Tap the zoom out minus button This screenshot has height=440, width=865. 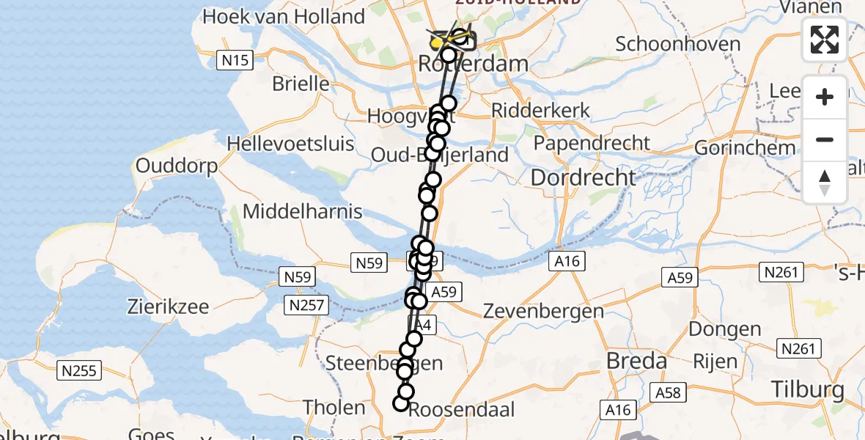click(x=825, y=139)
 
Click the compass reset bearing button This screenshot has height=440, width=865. click(x=825, y=183)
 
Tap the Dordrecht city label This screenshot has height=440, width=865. click(x=583, y=177)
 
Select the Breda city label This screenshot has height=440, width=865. click(x=637, y=361)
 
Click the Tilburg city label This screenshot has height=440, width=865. click(x=807, y=389)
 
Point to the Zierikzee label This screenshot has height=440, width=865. click(x=168, y=307)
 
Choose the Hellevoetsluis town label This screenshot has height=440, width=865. click(x=290, y=143)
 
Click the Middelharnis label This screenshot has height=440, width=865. click(x=302, y=212)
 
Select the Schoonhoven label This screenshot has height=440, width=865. click(x=678, y=44)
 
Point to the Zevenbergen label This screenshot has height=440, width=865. click(x=543, y=311)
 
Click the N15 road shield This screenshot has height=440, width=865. click(x=235, y=60)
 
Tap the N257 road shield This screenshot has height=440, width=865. click(x=307, y=305)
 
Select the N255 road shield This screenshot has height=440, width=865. click(x=78, y=371)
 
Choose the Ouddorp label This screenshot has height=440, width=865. click(x=177, y=166)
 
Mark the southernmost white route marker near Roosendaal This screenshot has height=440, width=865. click(x=400, y=403)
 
